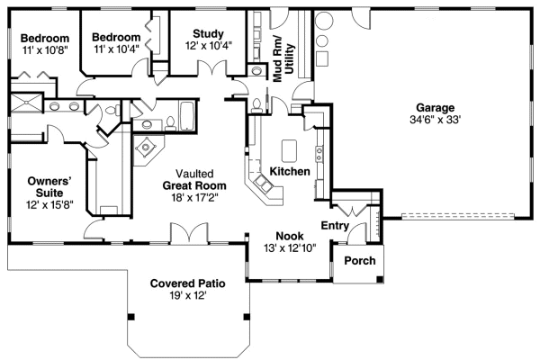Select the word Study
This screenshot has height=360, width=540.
click(208, 34)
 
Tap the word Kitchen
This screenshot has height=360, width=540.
click(290, 171)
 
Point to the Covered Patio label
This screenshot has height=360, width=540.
click(187, 283)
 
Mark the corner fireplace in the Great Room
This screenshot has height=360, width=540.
click(145, 150)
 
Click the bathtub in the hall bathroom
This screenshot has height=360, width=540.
click(188, 117)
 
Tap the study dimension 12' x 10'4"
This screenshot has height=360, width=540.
click(208, 46)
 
